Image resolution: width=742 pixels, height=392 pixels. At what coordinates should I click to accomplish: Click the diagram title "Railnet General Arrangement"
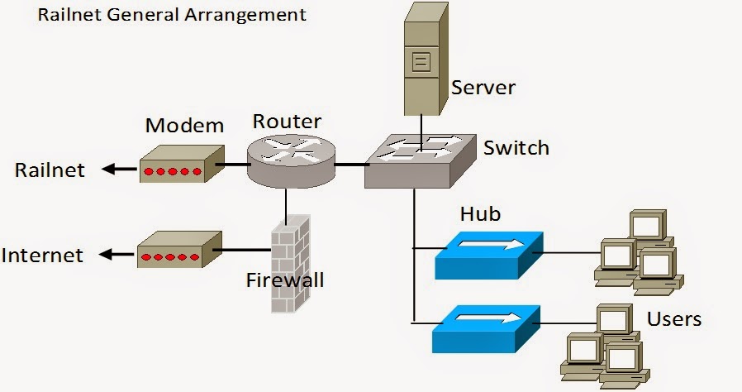click(172, 15)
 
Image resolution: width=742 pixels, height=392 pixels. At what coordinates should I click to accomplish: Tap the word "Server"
click(483, 87)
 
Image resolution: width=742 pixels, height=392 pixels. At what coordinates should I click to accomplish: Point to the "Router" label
click(287, 122)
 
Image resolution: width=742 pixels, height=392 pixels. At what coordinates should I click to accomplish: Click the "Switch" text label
click(516, 148)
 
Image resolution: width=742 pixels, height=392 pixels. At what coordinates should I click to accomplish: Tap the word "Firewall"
click(285, 280)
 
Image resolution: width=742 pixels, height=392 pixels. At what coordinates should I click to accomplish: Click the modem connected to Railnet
click(180, 165)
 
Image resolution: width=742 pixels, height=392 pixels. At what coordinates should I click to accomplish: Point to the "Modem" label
click(184, 126)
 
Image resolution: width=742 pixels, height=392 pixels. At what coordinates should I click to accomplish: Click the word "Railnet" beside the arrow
click(50, 170)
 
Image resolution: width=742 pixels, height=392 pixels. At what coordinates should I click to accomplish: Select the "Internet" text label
click(42, 255)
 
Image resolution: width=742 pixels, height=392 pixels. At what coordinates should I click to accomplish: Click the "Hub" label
click(480, 214)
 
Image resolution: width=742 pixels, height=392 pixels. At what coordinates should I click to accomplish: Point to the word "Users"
click(674, 318)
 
